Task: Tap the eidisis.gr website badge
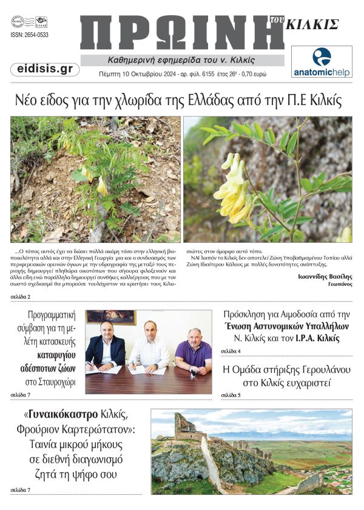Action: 45,69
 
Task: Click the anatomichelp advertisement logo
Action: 322,62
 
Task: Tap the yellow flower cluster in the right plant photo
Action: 234,185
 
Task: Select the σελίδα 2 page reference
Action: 21,297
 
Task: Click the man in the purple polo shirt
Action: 192,352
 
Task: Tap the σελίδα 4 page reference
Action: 231,352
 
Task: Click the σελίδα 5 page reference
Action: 231,395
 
